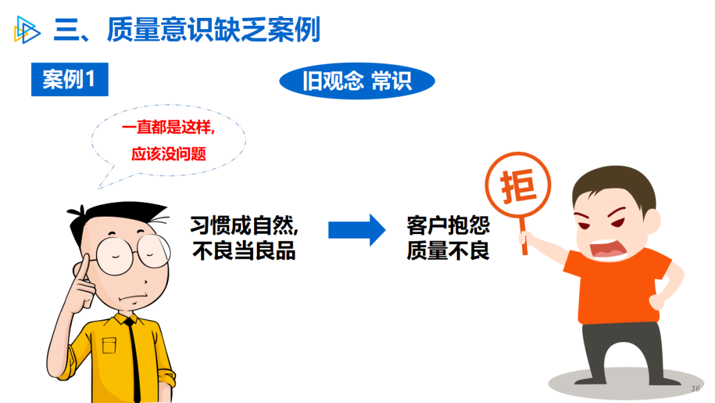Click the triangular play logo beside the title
point(26,30)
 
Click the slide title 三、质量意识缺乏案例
point(187,30)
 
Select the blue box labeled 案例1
point(70,80)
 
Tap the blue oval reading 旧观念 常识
point(357,82)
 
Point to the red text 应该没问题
point(169,154)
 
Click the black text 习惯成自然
point(244,225)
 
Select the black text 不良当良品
point(244,251)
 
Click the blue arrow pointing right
point(357,230)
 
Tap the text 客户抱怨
point(448,225)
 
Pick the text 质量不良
point(448,251)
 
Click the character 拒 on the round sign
point(518,186)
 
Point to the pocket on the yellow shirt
point(109,345)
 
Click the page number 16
point(695,388)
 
